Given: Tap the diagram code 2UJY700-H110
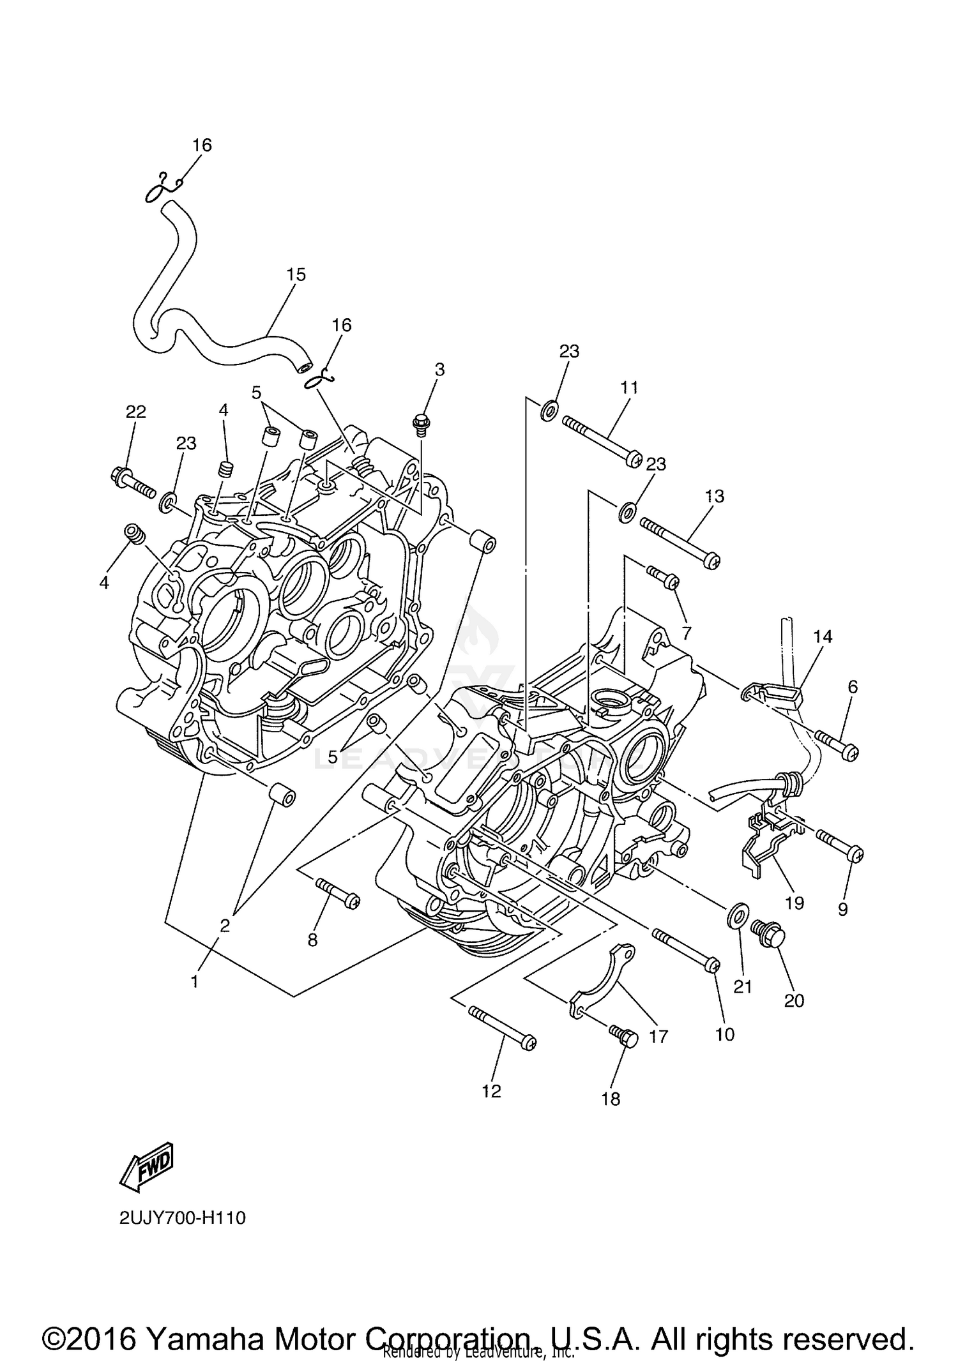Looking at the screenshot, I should coord(182,1218).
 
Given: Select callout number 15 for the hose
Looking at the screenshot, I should coord(295,275).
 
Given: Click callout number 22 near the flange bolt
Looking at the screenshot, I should coord(135,412).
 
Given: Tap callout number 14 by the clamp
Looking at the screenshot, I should coord(823,636).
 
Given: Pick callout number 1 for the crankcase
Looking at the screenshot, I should coord(194,981).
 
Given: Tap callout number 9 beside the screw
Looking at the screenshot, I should coord(842,910).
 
